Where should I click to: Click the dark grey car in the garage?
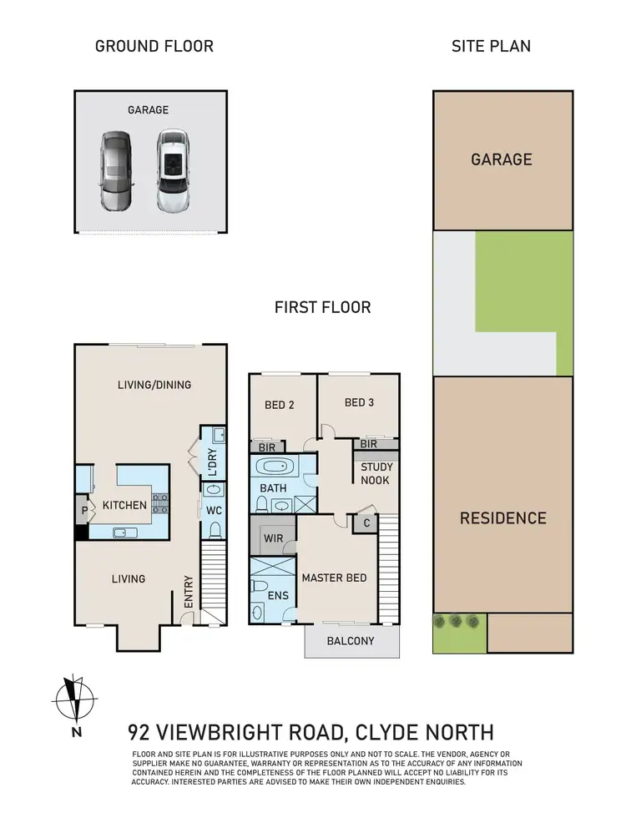(115, 171)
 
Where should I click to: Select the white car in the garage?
(172, 171)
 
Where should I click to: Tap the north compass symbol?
(76, 699)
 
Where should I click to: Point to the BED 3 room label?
(359, 402)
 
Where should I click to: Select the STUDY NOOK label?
(376, 473)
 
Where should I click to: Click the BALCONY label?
(351, 641)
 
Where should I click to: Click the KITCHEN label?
(124, 505)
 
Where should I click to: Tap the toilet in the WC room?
(215, 528)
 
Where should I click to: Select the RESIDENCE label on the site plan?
(502, 518)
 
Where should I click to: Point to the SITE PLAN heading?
(491, 45)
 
